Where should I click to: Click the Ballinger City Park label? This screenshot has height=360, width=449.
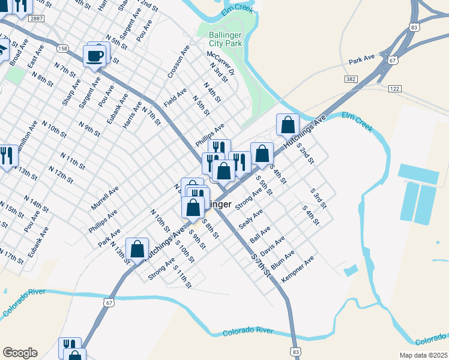pyautogui.click(x=226, y=39)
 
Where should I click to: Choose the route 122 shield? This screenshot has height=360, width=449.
pyautogui.click(x=394, y=88)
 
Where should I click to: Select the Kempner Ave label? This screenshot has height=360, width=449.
pyautogui.click(x=298, y=271)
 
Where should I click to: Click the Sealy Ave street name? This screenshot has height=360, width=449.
pyautogui.click(x=251, y=218)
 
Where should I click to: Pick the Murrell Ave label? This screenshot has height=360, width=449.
pyautogui.click(x=105, y=197)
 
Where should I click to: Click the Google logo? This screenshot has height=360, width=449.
pyautogui.click(x=20, y=353)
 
